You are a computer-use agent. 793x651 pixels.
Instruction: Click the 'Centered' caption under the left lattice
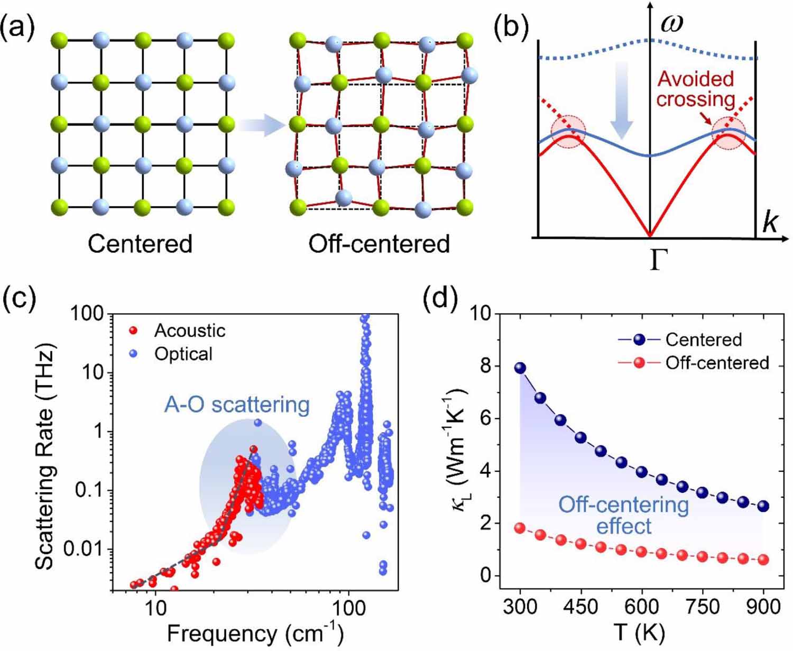[140, 244]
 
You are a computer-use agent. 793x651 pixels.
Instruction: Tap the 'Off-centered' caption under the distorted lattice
[379, 244]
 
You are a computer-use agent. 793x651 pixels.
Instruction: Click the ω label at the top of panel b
[672, 24]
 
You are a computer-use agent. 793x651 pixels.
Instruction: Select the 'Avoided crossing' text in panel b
[696, 89]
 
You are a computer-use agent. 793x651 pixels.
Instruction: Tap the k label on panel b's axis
[770, 223]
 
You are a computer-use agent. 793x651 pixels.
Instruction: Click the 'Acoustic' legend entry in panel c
[189, 331]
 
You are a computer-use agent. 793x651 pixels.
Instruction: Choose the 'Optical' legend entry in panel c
[183, 354]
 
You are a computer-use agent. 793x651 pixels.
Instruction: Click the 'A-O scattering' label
[237, 405]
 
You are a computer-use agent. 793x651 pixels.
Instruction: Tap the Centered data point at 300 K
[520, 368]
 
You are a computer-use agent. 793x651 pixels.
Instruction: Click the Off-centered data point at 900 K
[763, 560]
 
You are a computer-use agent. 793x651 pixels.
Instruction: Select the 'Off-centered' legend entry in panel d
[716, 363]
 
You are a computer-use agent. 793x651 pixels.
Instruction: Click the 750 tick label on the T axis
[702, 606]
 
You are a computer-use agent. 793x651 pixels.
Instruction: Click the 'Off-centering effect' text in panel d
[624, 516]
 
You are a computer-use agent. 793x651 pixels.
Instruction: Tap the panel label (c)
[20, 299]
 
